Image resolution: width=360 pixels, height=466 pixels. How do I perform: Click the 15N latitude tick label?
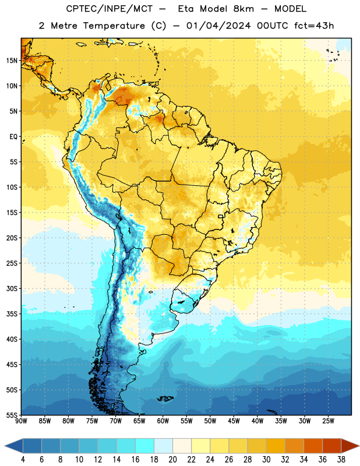pos(12,61)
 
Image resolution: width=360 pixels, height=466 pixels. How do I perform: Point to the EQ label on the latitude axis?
pos(13,137)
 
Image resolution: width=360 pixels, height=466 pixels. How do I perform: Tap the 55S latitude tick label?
pos(12,415)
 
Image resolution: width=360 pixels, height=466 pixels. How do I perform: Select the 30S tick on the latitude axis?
pos(12,288)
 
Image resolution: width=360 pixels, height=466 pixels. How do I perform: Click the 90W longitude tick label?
pos(21,421)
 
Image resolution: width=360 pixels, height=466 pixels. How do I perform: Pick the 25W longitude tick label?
pos(328,421)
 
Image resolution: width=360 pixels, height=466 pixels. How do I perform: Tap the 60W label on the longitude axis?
pos(163,421)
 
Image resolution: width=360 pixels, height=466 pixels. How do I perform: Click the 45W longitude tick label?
pos(234,421)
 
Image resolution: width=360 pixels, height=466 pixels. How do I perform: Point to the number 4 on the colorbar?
pos(23,460)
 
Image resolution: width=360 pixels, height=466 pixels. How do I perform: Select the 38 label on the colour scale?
pos(341,460)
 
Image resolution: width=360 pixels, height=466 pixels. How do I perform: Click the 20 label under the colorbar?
pos(172,460)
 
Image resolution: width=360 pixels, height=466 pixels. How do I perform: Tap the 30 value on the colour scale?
pos(266,460)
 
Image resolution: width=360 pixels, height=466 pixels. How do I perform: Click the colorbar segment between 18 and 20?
pos(163,446)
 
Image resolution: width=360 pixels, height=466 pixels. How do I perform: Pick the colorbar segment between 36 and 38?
pos(332,446)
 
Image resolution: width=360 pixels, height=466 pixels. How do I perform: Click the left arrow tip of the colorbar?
pos(5,446)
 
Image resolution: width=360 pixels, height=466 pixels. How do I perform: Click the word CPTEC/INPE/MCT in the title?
pos(109,9)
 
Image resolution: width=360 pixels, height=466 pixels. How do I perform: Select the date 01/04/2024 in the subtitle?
pos(218,26)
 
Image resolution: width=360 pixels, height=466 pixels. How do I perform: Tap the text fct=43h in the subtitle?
pos(314,26)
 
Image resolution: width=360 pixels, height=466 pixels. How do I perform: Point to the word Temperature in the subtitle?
pos(114,26)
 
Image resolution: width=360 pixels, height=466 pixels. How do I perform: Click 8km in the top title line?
pos(243,9)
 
